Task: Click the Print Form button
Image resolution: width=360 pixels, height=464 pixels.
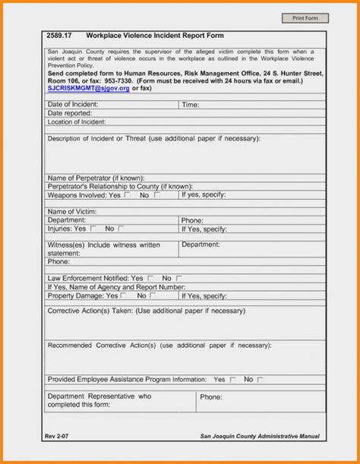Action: pos(305,17)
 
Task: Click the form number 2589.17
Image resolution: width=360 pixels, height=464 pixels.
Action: pos(58,36)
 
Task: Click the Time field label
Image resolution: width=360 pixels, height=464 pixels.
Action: pos(190,105)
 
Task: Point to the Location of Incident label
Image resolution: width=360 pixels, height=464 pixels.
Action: pos(77,122)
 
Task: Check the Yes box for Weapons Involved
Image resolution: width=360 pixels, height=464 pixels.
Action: pos(127,194)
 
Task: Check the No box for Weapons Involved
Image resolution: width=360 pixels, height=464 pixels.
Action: pos(156,194)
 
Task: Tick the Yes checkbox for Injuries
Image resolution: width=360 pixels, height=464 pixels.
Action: pos(93,228)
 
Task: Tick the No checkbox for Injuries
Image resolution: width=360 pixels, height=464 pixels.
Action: pos(122,228)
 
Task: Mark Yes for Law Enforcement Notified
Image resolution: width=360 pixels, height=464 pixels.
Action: pos(150,278)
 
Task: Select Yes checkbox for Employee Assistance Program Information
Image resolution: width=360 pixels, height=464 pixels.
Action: pos(232,379)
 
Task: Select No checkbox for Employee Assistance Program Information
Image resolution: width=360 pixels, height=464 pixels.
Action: pos(260,379)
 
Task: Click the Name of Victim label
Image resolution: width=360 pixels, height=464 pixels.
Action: pos(71,211)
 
